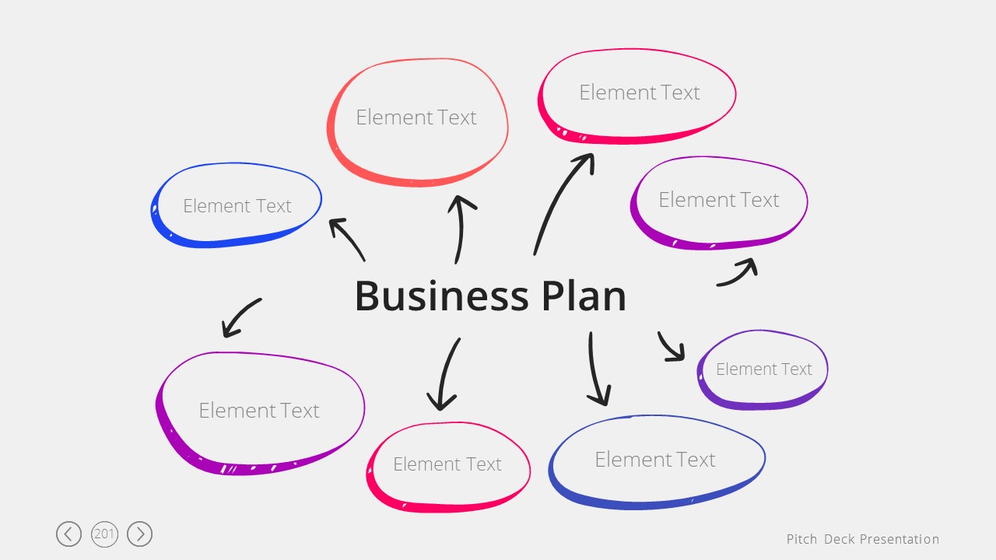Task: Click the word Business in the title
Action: click(440, 296)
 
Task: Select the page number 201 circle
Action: click(104, 534)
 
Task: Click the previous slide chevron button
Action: click(68, 534)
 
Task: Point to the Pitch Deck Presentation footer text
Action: click(862, 539)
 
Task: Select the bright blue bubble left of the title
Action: click(237, 205)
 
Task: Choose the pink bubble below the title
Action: click(447, 464)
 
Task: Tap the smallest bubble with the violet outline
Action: click(763, 369)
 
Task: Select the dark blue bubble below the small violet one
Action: click(655, 460)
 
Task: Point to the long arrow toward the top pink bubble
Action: click(562, 201)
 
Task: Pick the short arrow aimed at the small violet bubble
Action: click(670, 347)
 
